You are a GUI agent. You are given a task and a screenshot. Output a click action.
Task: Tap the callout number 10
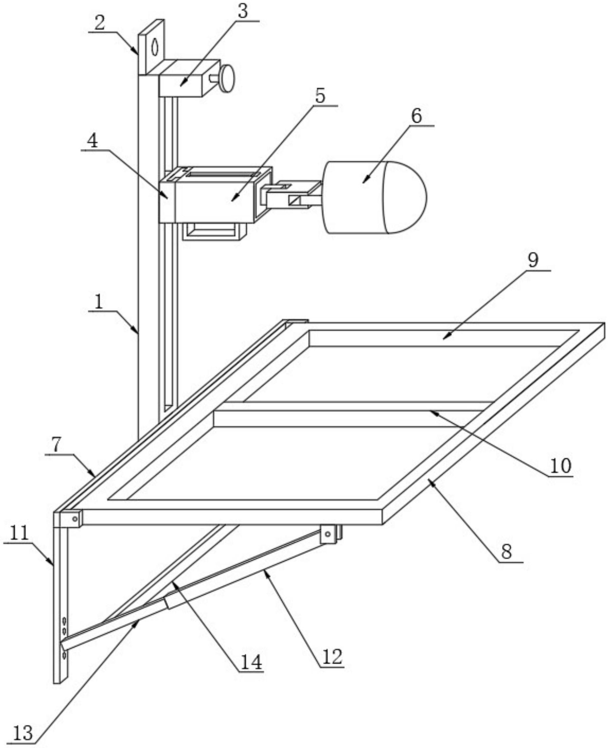click(560, 466)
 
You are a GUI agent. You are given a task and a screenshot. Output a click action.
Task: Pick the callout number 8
click(506, 551)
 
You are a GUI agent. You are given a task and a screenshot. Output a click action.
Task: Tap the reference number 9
click(533, 260)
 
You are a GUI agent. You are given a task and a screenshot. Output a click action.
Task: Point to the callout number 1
click(99, 301)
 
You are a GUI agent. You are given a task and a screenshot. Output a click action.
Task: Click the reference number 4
click(92, 141)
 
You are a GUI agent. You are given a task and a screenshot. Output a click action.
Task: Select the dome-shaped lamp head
click(375, 197)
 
